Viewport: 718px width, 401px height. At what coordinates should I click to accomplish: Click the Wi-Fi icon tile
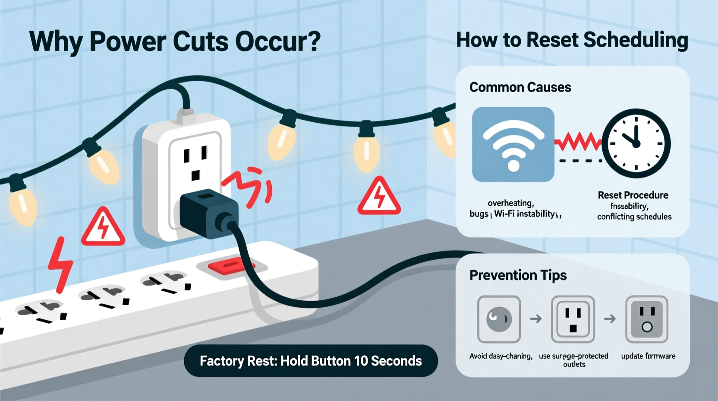pos(513,144)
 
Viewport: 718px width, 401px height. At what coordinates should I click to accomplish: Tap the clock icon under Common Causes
pos(636,143)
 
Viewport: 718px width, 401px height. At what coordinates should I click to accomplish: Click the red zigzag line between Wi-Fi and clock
pos(578,142)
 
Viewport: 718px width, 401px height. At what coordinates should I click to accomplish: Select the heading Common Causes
pos(520,87)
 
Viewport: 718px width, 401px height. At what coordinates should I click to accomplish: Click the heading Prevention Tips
pos(518,275)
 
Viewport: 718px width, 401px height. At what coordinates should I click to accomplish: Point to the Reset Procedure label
pos(633,195)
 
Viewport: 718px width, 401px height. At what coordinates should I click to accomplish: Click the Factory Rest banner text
pos(311,361)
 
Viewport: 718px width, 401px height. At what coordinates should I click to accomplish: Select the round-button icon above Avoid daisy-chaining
pos(499,319)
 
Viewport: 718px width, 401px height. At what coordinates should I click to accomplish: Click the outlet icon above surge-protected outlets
pos(573,319)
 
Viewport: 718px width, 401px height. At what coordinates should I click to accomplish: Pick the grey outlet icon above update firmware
pos(647,319)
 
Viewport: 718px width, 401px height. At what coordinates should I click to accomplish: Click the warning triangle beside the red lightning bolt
pos(103,228)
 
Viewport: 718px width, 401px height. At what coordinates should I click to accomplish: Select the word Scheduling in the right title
pos(636,40)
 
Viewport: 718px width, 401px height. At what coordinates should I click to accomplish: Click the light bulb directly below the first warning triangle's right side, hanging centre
pos(366,151)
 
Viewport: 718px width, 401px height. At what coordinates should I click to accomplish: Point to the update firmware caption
pos(648,356)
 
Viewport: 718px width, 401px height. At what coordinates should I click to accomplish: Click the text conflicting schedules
pos(634,216)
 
